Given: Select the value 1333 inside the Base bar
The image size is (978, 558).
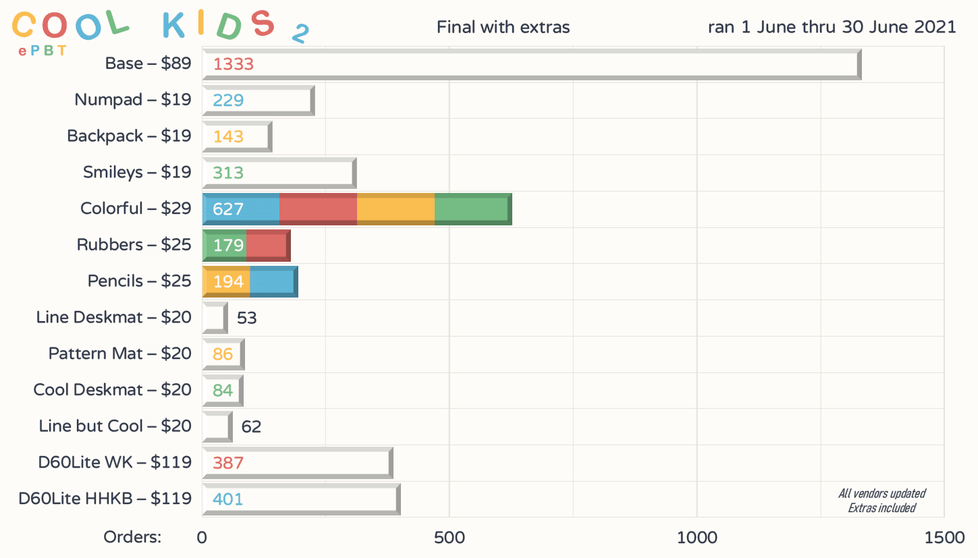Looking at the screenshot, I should [x=233, y=65].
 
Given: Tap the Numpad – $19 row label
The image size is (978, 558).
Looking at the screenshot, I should [x=133, y=100].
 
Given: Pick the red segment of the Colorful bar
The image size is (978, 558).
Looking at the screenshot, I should [x=318, y=208].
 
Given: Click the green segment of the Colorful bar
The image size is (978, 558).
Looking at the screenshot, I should [x=472, y=208].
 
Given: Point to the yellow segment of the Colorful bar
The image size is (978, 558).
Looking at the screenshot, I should [x=396, y=208].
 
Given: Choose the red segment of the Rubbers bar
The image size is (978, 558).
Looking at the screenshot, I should [x=267, y=245].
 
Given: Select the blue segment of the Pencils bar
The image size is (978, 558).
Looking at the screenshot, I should [x=273, y=281].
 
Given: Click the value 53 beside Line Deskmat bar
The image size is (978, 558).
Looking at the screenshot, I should [x=246, y=318].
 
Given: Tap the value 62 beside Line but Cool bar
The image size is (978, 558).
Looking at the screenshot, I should [x=251, y=426].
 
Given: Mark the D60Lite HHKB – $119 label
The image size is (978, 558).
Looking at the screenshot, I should [x=105, y=499].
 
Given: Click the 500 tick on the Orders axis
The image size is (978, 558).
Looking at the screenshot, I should [x=450, y=538].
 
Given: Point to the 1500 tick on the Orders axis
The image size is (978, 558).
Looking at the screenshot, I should [x=944, y=538].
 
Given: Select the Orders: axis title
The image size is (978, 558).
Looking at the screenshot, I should [x=132, y=538].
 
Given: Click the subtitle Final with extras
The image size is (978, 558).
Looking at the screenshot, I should [x=503, y=28].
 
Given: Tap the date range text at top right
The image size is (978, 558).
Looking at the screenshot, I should [x=832, y=28].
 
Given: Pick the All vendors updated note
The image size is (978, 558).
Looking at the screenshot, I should [x=881, y=493].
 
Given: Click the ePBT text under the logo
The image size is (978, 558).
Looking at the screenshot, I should [x=43, y=51].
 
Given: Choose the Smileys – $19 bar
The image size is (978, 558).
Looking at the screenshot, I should [x=278, y=173].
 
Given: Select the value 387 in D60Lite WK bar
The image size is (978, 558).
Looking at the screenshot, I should [x=227, y=463].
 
